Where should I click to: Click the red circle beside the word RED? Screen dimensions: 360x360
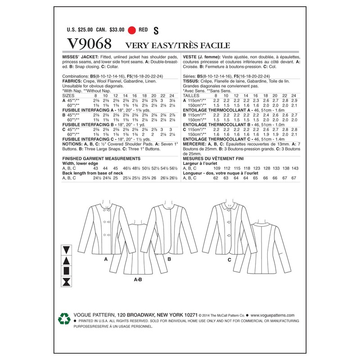tap(132, 30)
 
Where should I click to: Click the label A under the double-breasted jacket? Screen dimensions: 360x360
tap(106, 260)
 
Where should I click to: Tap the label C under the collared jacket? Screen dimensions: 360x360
tap(229, 260)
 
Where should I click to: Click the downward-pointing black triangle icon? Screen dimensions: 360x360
tap(67, 250)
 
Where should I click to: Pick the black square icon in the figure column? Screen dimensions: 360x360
tap(67, 271)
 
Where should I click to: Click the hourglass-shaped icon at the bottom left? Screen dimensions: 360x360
tap(67, 282)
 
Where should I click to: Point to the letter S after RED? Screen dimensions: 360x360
tap(156, 31)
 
